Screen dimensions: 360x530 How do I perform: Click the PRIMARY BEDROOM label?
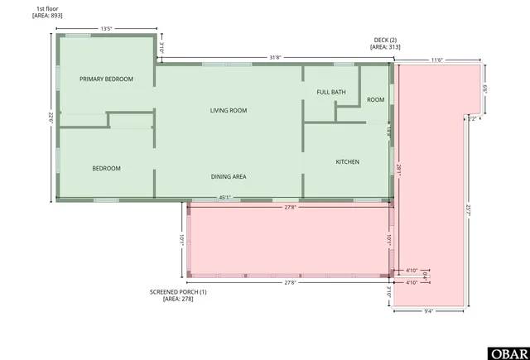(106, 79)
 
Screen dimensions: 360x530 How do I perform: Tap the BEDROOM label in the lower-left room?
(106, 168)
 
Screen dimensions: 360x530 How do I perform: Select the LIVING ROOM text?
(228, 110)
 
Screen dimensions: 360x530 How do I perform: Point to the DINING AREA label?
(228, 176)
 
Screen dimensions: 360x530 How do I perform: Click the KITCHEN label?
(347, 161)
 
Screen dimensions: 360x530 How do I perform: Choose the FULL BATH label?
(330, 92)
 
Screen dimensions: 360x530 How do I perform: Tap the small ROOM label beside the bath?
(376, 99)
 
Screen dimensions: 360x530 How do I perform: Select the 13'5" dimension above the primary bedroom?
(106, 29)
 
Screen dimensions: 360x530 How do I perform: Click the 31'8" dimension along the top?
(275, 57)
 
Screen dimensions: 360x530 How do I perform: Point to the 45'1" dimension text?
(224, 198)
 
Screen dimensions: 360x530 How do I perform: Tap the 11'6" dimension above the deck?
(436, 60)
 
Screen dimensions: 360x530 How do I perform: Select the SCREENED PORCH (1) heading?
(178, 291)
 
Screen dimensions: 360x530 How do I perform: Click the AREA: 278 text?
(178, 298)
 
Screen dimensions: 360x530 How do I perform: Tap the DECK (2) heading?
(385, 41)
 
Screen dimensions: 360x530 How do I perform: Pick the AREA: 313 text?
(385, 47)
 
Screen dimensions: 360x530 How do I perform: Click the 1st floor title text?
(46, 8)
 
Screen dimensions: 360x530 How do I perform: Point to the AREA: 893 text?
(46, 16)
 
